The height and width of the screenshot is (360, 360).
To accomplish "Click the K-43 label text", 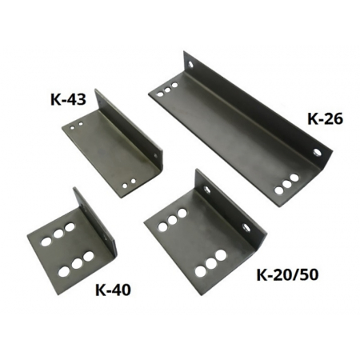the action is pyautogui.click(x=68, y=100).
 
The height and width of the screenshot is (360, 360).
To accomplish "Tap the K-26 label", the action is pyautogui.click(x=325, y=119).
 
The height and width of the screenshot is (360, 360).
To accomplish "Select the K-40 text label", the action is pyautogui.click(x=113, y=290).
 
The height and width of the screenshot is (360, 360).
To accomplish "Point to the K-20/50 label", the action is pyautogui.click(x=287, y=275).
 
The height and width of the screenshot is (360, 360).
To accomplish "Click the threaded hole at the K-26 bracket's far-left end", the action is pyautogui.click(x=190, y=64).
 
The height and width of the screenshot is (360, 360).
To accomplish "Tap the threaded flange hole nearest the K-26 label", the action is pyautogui.click(x=317, y=152).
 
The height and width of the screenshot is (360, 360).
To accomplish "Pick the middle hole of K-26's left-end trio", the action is pyautogui.click(x=167, y=90).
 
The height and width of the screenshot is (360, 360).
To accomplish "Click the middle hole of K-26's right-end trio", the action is pyautogui.click(x=286, y=184).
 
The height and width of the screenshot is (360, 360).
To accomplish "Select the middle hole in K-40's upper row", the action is pyautogui.click(x=58, y=234).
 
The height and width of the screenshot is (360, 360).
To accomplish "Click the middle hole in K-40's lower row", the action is pyautogui.click(x=77, y=263).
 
